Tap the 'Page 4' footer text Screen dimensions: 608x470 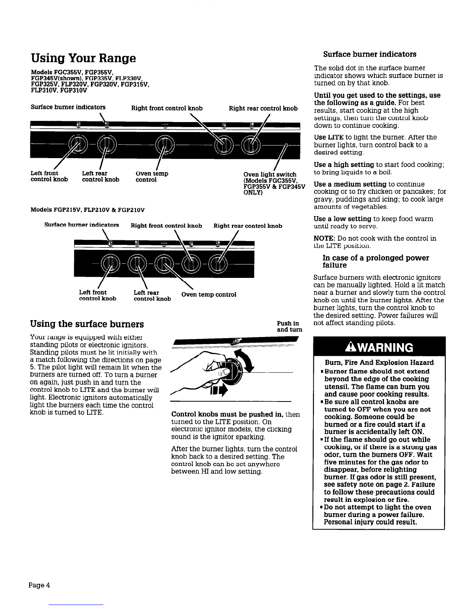tap(39, 585)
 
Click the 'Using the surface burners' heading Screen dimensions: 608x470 tap(87, 324)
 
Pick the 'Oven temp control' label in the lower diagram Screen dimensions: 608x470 tap(209, 294)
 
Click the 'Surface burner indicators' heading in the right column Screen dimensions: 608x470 tap(370, 54)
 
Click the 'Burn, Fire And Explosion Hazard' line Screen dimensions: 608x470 tap(379, 363)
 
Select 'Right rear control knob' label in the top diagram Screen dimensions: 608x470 tap(263, 109)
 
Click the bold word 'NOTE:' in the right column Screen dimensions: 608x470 tap(325, 238)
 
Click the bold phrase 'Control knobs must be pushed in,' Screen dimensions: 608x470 tap(227, 415)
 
